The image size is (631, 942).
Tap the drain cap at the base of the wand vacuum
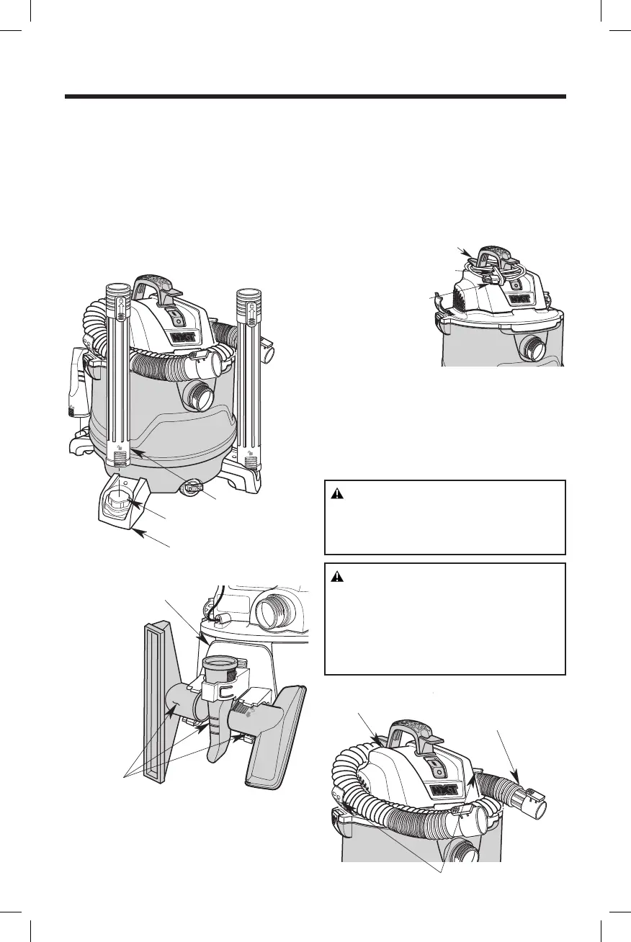point(193,488)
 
